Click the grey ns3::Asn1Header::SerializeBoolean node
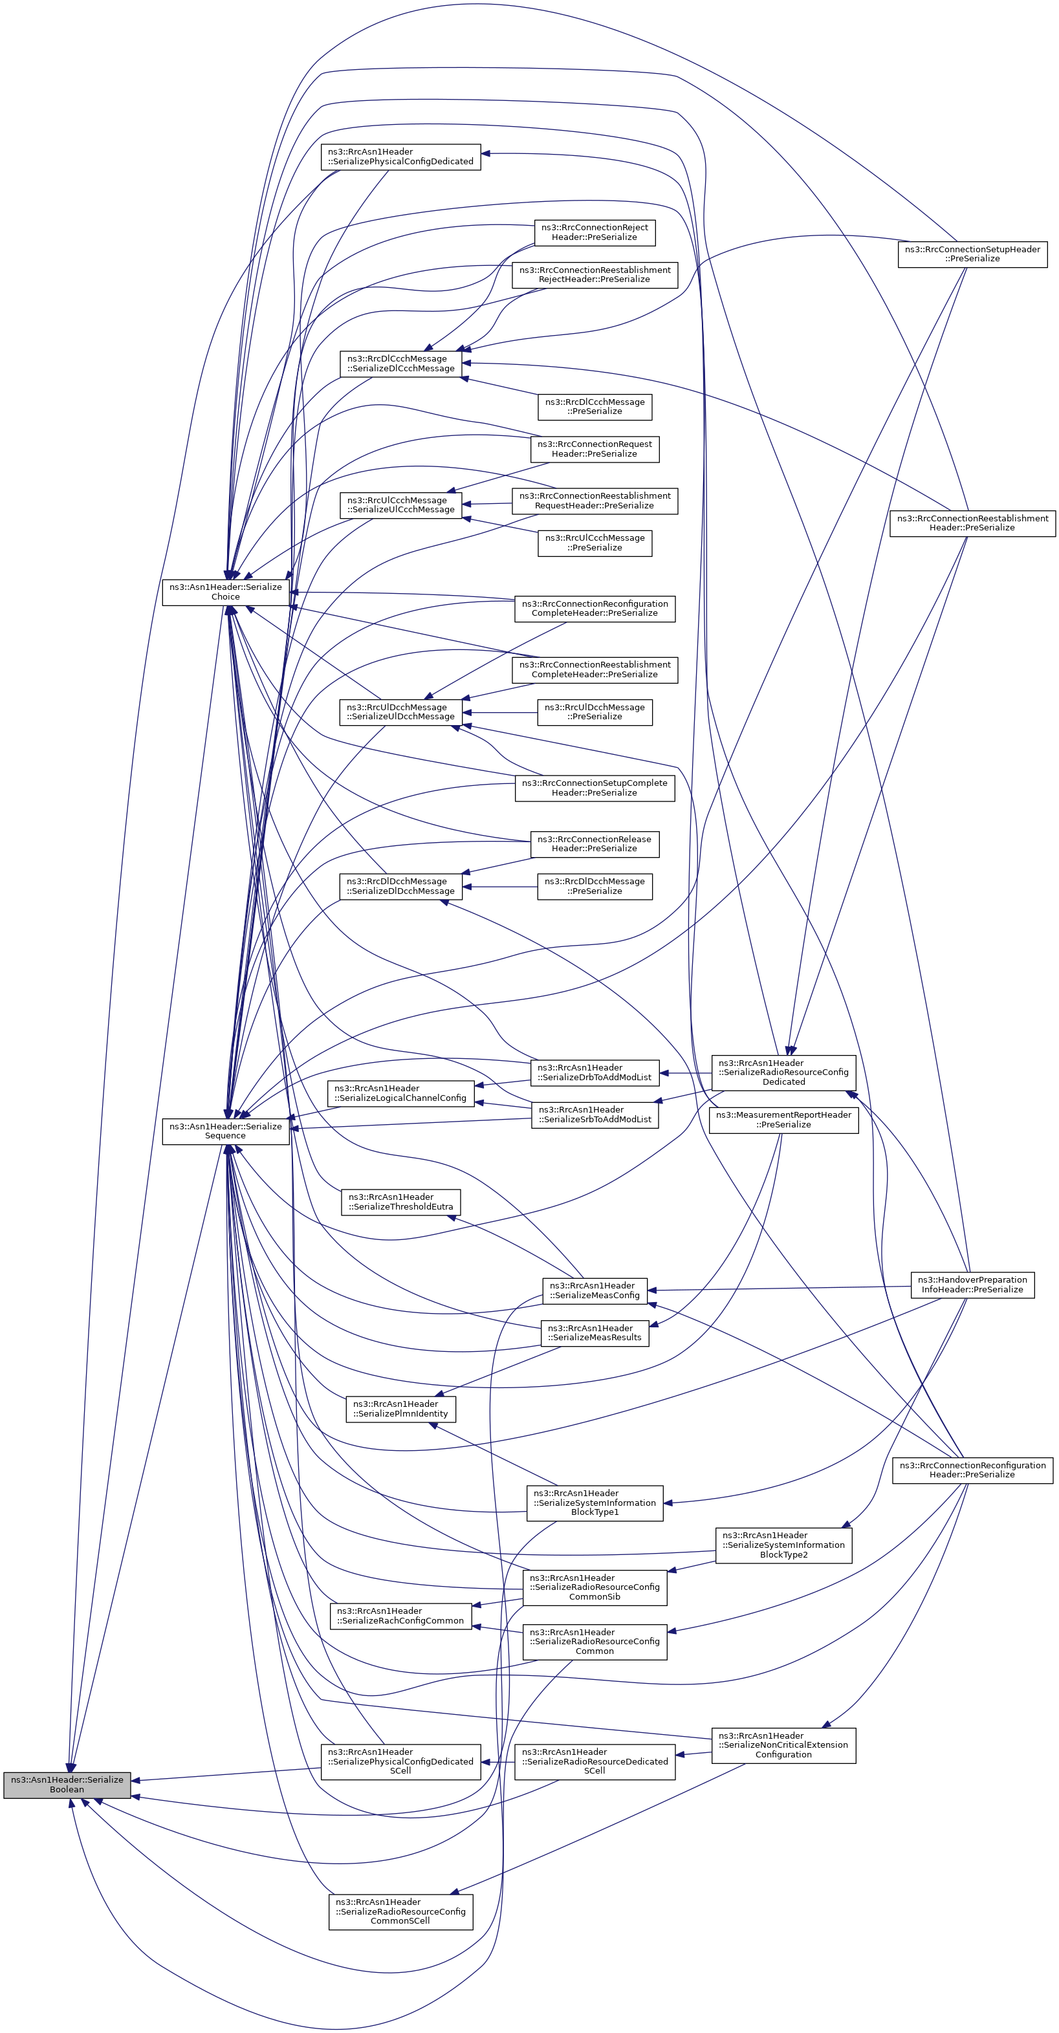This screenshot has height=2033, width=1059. [67, 1785]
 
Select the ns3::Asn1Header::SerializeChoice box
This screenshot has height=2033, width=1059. [226, 592]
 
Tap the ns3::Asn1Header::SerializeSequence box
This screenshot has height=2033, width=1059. [226, 1131]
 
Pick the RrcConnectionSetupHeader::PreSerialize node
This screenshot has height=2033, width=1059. [972, 254]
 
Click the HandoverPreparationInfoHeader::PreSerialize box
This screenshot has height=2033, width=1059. [972, 1285]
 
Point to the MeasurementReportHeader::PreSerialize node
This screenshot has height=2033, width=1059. [783, 1120]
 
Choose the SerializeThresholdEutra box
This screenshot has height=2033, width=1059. [401, 1202]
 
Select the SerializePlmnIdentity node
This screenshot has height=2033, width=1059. [401, 1409]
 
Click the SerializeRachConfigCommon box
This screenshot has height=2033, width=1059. [401, 1616]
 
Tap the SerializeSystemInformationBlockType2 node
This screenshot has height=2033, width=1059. [783, 1545]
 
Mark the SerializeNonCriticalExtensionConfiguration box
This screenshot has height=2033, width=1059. [783, 1745]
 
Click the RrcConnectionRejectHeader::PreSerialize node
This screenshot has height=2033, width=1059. [595, 232]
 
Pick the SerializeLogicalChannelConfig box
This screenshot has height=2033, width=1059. [401, 1093]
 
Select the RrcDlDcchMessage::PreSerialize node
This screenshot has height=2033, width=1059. [595, 886]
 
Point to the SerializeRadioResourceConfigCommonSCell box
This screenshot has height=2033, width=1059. [401, 1911]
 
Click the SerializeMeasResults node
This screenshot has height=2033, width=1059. [595, 1333]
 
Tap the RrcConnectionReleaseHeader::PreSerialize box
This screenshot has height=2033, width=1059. [595, 843]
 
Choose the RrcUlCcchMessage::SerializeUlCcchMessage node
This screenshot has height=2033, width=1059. [401, 505]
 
